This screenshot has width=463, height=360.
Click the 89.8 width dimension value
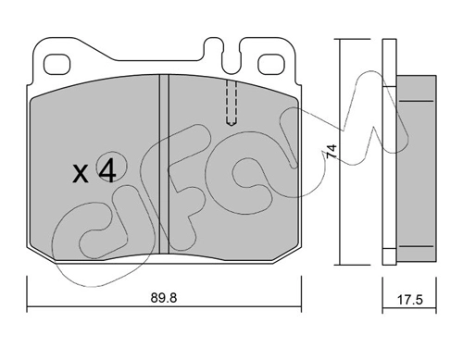coord(164,298)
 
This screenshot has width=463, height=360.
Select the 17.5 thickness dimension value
coord(409,300)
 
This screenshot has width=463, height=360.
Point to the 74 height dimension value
coord(332,151)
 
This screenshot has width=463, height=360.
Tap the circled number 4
coord(107,172)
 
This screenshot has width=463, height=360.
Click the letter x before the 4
coord(80,174)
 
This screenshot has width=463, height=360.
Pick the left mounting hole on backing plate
coord(57,65)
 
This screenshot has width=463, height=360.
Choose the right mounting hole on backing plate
coord(270,64)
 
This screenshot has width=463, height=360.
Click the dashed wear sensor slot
coord(231,103)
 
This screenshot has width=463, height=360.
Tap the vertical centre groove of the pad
coord(164,165)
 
